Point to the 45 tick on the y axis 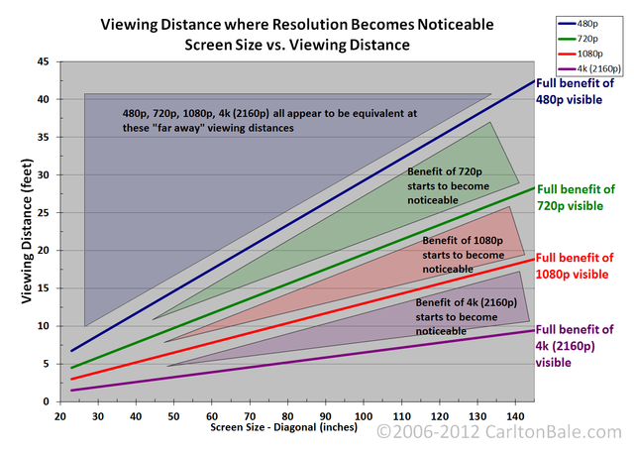pos(43,61)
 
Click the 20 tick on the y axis pos(43,250)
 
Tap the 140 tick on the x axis pos(516,415)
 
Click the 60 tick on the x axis pos(212,415)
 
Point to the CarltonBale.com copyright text pos(502,433)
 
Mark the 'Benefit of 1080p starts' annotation pos(464,255)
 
